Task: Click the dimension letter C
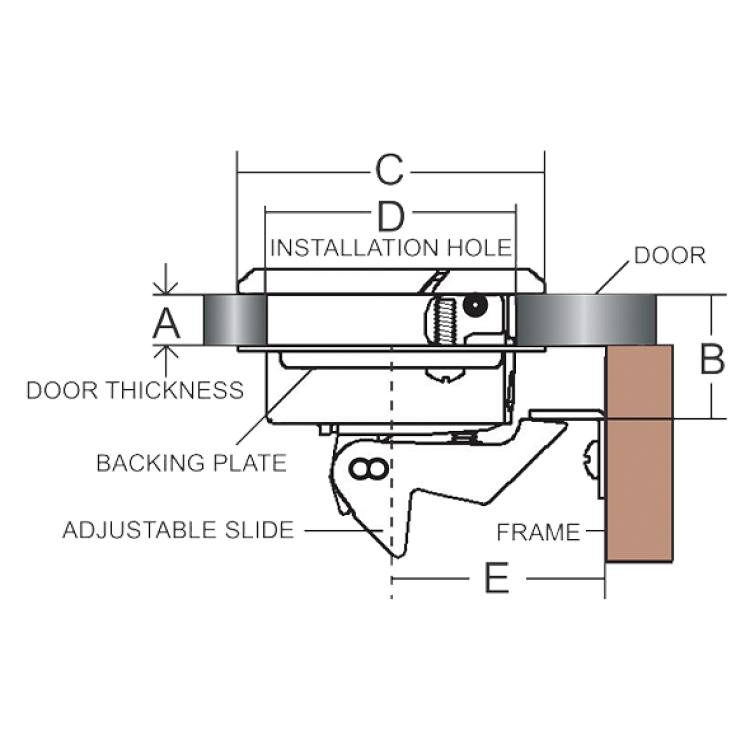coord(389,170)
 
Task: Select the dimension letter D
coord(391,216)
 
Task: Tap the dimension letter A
coord(166,323)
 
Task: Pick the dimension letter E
coord(497,578)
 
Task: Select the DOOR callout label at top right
coord(670,255)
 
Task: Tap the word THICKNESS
coord(175,390)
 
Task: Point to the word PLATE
coord(250,463)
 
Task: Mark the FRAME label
coord(539,532)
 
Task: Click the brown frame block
coord(640,453)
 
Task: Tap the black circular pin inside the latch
coord(475,305)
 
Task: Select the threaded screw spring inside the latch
coord(445,321)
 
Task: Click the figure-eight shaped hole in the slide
coord(368,469)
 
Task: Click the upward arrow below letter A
coord(165,361)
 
